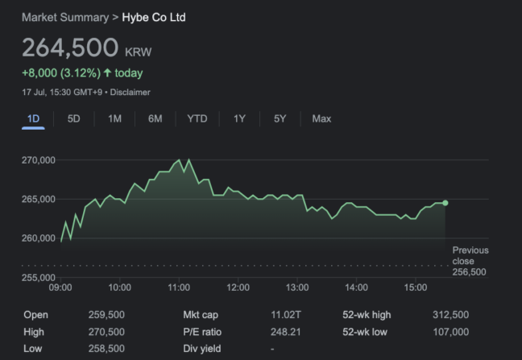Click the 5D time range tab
point(74,118)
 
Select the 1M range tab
point(114,118)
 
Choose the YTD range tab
point(197,118)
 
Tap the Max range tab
point(321,118)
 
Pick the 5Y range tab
point(280,118)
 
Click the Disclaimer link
point(130,93)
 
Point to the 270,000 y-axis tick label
point(38,160)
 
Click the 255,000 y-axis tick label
point(38,277)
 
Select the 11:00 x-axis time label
point(179,288)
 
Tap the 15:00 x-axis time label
point(415,288)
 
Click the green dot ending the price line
point(445,203)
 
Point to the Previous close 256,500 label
point(469,261)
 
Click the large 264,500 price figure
point(70,48)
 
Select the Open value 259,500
point(106,315)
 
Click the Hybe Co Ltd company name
point(154,17)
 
